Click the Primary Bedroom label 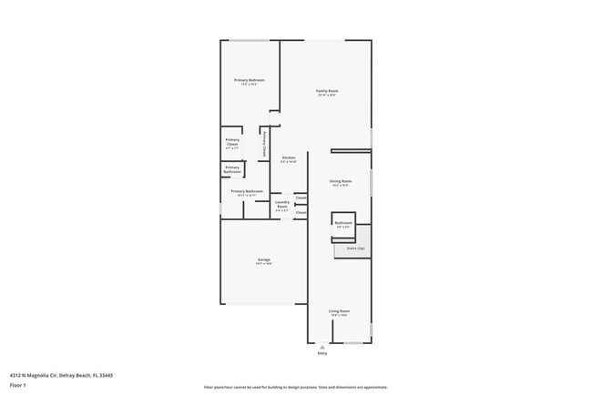pyautogui.click(x=249, y=81)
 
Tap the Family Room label pyautogui.click(x=327, y=91)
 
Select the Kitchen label pyautogui.click(x=289, y=158)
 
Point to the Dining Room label pyautogui.click(x=341, y=181)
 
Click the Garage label pyautogui.click(x=263, y=260)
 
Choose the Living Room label pyautogui.click(x=340, y=311)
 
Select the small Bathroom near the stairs pyautogui.click(x=343, y=223)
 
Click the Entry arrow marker pyautogui.click(x=322, y=345)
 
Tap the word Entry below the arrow pyautogui.click(x=322, y=353)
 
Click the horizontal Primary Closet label pyautogui.click(x=232, y=141)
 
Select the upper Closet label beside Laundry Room pyautogui.click(x=301, y=197)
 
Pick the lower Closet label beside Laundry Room pyautogui.click(x=301, y=213)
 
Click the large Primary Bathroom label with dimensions pyautogui.click(x=247, y=192)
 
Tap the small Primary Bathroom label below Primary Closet pyautogui.click(x=232, y=169)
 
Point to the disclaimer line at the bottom pyautogui.click(x=296, y=388)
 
